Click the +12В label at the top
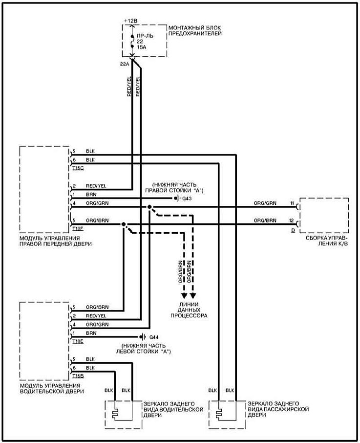pos(130,21)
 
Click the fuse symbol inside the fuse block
pos(132,42)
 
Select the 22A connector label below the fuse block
pos(124,64)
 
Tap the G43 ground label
pos(188,199)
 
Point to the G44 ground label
pos(154,337)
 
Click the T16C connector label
pos(78,168)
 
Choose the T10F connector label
pos(78,228)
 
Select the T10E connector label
pos(78,341)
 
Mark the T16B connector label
pos(78,375)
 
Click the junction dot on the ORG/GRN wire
pos(149,207)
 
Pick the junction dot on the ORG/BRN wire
pos(123,224)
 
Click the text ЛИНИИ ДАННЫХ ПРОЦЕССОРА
pos(189,312)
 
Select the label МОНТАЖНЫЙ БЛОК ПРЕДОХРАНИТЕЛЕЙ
pos(195,30)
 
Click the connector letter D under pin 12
pos(293,229)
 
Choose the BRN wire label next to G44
pos(91,333)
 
